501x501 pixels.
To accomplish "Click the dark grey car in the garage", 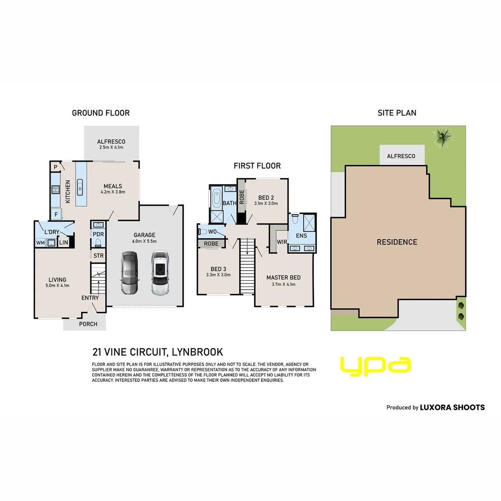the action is pos(129,273).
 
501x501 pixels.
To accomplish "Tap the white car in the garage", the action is pos(160,273).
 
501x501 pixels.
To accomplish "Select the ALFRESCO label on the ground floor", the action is pos(111,142).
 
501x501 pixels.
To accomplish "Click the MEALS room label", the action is pos(113,186).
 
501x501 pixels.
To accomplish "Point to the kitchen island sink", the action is pos(80,187).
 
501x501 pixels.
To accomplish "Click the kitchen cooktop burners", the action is pos(56,189).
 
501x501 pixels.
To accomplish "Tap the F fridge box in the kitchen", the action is pos(56,214).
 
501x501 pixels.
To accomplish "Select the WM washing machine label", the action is pos(40,243).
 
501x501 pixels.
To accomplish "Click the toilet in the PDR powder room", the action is pos(98,243).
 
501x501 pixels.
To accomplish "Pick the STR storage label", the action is pos(99,256).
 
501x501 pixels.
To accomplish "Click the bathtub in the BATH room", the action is pos(216,198).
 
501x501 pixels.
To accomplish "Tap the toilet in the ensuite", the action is pos(295,219).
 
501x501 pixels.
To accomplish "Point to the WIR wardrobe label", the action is pos(282,242).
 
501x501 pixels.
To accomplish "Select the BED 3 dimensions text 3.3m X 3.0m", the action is pos(218,275).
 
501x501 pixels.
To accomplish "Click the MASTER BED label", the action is pos(283,277).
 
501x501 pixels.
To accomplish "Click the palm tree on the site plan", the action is pos(442,137).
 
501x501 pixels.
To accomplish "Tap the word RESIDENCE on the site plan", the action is pos(397,242).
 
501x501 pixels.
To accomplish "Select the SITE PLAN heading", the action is pos(397,113).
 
